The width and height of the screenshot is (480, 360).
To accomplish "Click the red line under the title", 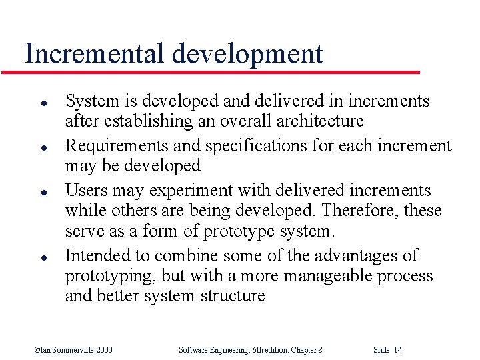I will pyautogui.click(x=220, y=71).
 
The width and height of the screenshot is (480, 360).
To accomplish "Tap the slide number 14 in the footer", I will pyautogui.click(x=397, y=349).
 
